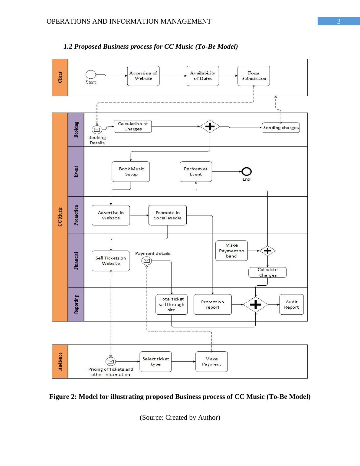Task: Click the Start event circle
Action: pyautogui.click(x=91, y=74)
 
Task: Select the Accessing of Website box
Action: pyautogui.click(x=143, y=76)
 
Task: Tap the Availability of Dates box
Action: pyautogui.click(x=203, y=76)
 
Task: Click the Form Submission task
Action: pyautogui.click(x=254, y=76)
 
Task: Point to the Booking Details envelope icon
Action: pyautogui.click(x=97, y=130)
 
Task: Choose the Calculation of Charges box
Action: pyautogui.click(x=133, y=126)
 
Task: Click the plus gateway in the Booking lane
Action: pyautogui.click(x=210, y=126)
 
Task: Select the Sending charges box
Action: pyautogui.click(x=281, y=128)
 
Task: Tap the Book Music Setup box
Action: pyautogui.click(x=131, y=172)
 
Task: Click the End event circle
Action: pyautogui.click(x=247, y=172)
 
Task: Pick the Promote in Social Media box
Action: pyautogui.click(x=168, y=215)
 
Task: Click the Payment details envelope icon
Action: pyautogui.click(x=147, y=261)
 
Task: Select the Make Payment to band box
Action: pyautogui.click(x=231, y=251)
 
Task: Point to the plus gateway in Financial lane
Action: pyautogui.click(x=267, y=251)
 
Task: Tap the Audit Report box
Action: pyautogui.click(x=292, y=304)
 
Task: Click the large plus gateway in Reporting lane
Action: pyautogui.click(x=256, y=304)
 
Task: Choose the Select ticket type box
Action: pyautogui.click(x=155, y=362)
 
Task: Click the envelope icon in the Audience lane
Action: pyautogui.click(x=111, y=361)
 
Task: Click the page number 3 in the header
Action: pyautogui.click(x=339, y=21)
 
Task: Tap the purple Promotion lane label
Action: pyautogui.click(x=76, y=215)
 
